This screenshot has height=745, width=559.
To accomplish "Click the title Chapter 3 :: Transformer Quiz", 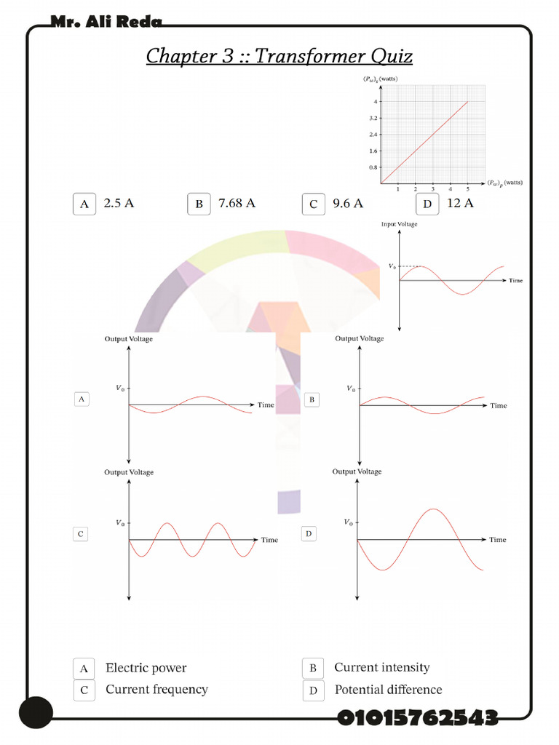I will coord(279,56).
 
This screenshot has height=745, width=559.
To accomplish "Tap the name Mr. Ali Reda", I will coord(106,23).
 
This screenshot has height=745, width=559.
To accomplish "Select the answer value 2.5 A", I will coord(119,203).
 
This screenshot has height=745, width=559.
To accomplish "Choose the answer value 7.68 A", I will coord(237,203).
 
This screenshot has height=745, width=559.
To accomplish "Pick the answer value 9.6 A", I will coord(348,203).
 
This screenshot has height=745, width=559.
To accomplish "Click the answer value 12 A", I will coord(460,203).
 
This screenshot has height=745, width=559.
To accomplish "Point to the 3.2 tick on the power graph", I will coord(373,118).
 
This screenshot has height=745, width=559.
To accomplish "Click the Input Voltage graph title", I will coord(400,224).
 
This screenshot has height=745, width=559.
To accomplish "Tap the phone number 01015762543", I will coord(417,718).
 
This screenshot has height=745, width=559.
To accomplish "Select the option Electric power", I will coord(146,668).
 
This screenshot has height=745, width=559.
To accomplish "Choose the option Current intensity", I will coord(381,667).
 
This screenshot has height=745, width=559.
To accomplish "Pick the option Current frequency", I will coord(156,689).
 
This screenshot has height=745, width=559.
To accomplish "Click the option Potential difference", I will coord(388,689).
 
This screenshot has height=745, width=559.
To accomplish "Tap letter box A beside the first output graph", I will coord(82,399).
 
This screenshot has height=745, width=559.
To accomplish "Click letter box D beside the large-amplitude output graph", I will coord(309,534).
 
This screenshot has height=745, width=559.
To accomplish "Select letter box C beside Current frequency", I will coord(84,690).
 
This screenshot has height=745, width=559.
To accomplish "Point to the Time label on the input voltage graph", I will coord(515,280).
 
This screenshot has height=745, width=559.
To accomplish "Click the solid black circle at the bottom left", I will coord(36,712).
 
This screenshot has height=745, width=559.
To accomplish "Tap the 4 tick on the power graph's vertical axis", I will coord(376,102).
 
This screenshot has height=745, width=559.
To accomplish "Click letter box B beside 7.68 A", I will coord(199,204).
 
